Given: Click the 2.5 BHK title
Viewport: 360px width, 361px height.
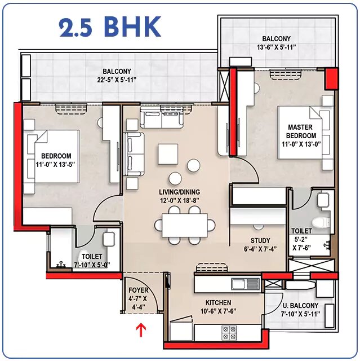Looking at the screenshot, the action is [x=110, y=27].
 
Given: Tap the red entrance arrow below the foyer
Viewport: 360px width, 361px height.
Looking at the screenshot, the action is [x=141, y=329].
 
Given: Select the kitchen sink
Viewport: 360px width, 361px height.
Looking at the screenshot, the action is [x=245, y=284].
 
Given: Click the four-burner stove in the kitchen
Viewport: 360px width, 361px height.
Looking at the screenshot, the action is [x=229, y=333].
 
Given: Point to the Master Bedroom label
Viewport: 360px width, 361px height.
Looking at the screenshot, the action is [x=301, y=131].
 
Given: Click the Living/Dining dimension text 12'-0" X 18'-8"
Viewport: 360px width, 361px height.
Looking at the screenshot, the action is [x=179, y=201].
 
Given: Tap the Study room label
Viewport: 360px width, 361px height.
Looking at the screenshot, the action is [x=260, y=241].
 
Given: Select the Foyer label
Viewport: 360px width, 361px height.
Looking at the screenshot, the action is [x=139, y=290].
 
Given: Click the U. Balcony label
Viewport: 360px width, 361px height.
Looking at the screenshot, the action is [x=300, y=306].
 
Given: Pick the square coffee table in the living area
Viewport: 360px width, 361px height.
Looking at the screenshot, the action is [x=168, y=154].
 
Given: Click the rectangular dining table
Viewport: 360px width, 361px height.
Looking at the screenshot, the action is [x=185, y=225].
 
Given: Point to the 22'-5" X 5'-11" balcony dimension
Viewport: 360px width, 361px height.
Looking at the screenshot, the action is [x=117, y=80].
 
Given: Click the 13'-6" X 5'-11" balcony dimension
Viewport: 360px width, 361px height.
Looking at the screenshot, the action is [x=276, y=47].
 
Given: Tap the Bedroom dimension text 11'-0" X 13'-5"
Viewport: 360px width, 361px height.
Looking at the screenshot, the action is [x=55, y=165].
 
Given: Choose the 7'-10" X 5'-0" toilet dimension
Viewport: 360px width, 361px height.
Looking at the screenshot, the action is [x=92, y=265].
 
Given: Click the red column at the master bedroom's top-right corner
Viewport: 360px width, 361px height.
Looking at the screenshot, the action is [x=331, y=79].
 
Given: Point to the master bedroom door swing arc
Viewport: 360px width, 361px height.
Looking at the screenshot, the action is [x=252, y=166].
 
